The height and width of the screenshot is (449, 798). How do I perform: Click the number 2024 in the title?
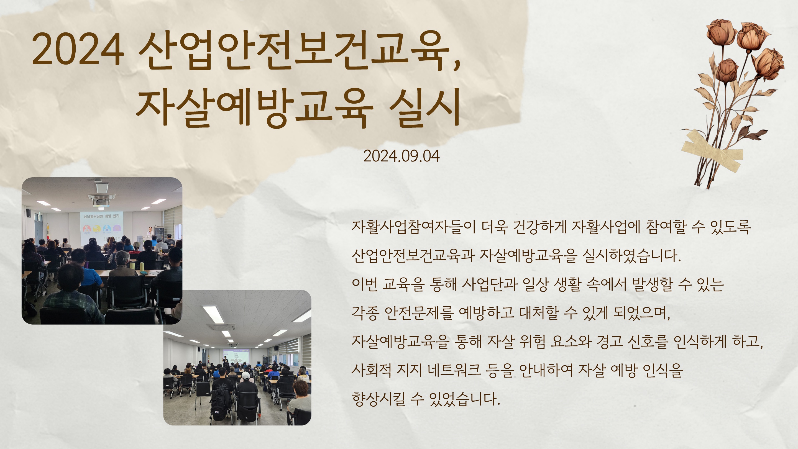78,49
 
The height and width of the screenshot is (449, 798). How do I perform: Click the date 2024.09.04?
401,156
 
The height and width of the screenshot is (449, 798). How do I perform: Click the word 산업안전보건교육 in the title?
294,50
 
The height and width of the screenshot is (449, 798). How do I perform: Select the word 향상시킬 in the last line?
378,399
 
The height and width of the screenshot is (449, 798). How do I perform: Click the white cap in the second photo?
245,376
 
